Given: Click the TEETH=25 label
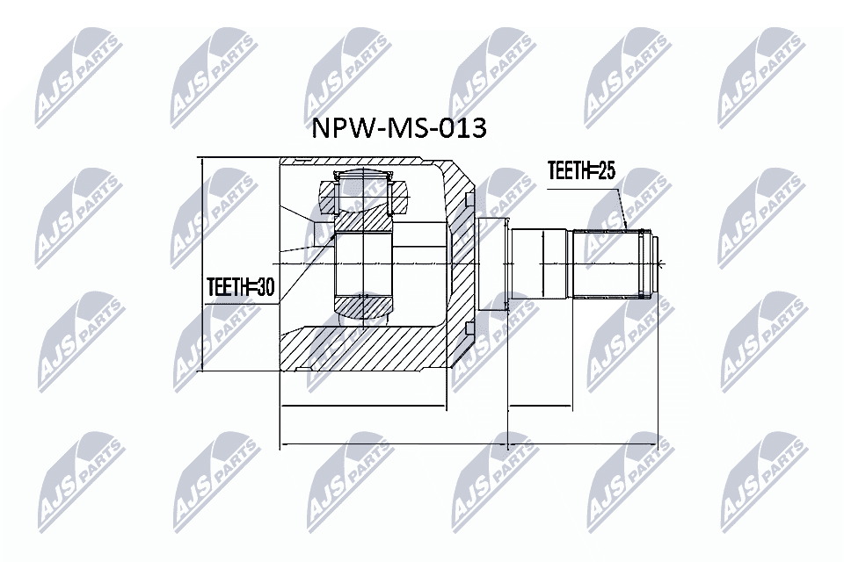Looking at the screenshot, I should click(x=580, y=171).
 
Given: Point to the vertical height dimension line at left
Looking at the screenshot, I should click(x=202, y=263).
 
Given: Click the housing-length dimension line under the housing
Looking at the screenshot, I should click(x=363, y=408).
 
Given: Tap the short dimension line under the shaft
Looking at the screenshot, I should click(x=540, y=408).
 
